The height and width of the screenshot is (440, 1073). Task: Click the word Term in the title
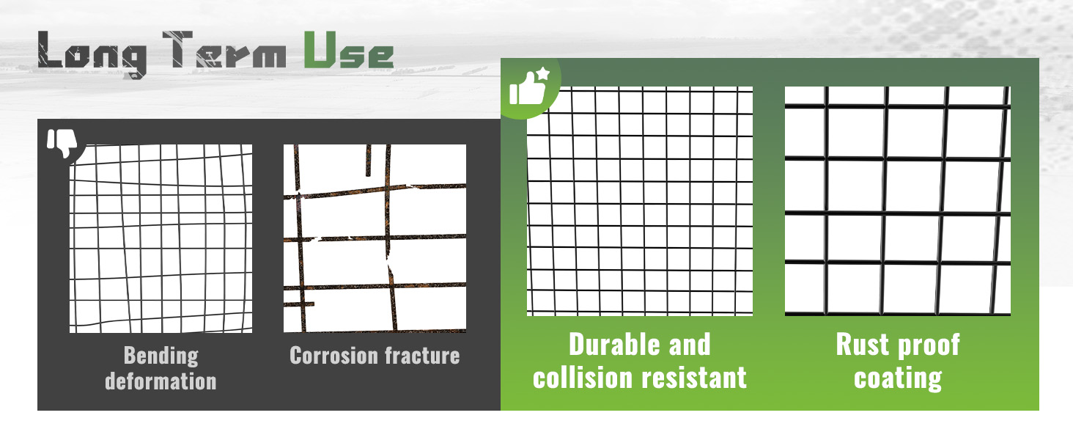coord(224,49)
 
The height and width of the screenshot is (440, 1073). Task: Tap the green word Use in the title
coord(349,49)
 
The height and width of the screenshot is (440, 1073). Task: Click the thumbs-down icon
coord(62,143)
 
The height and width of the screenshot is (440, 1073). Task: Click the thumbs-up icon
coord(527,88)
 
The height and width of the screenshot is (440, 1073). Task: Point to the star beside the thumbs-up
coord(543,74)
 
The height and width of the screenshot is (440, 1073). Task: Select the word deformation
coord(161,381)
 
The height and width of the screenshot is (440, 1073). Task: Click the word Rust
coord(862,345)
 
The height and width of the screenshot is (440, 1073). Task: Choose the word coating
coord(898,379)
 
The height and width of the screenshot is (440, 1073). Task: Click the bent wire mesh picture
coord(161,238)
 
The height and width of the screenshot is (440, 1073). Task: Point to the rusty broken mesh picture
coord(375,238)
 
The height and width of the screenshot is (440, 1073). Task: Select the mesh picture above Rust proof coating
coord(898,202)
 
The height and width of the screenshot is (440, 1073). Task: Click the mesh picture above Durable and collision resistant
coord(640,202)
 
